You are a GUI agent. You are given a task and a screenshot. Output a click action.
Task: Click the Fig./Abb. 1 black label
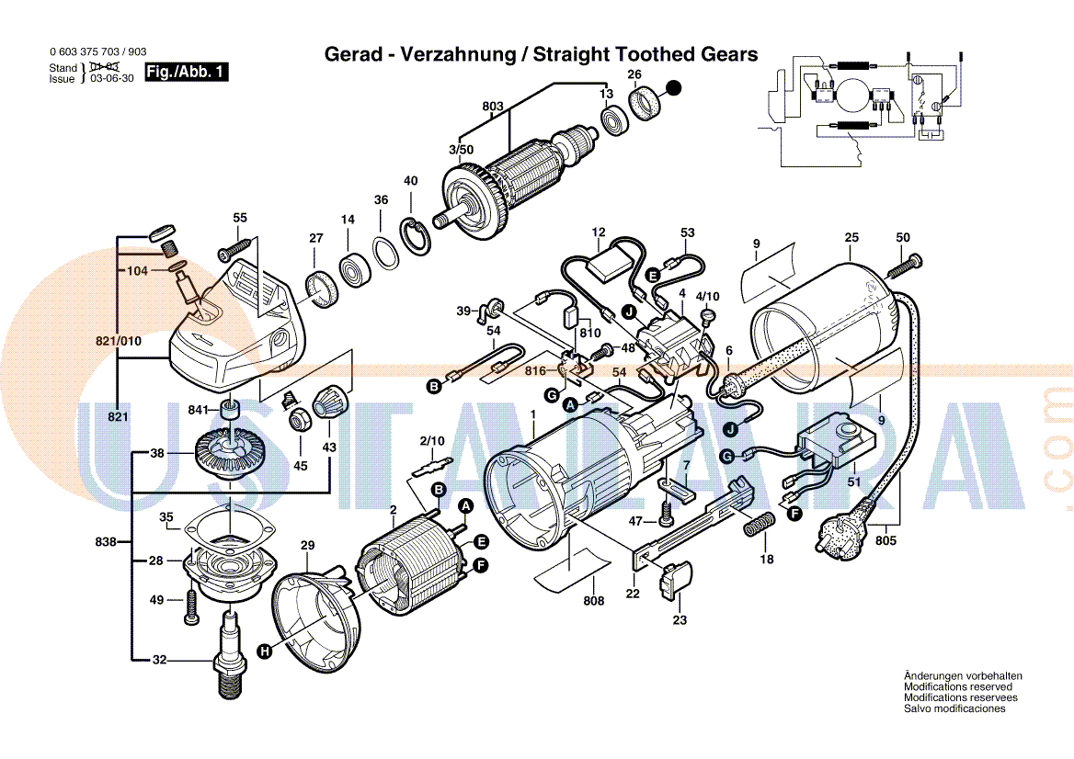[187, 72]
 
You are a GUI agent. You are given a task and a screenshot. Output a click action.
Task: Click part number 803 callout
[493, 107]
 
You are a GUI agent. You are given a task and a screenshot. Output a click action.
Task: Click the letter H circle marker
[265, 651]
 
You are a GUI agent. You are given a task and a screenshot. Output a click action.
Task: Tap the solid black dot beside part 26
[674, 89]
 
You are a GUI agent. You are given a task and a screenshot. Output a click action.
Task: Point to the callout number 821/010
[119, 342]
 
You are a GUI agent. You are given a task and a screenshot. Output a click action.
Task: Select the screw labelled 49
[190, 605]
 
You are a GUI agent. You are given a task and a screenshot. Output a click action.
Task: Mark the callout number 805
[885, 540]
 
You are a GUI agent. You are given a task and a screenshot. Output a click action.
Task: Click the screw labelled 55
[234, 250]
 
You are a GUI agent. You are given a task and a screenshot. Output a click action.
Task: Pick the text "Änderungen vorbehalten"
[962, 676]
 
